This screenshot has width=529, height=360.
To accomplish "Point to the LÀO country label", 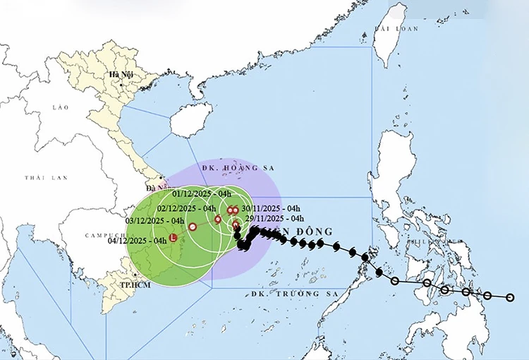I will [x=59, y=107].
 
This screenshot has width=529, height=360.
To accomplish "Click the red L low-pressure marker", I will [x=174, y=239].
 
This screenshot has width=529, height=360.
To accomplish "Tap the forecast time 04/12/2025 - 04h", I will [x=138, y=241].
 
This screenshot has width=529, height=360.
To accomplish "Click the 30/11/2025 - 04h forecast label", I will [x=271, y=208].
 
